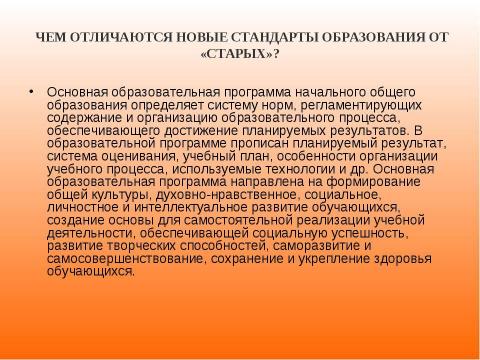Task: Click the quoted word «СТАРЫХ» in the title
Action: [241, 55]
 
